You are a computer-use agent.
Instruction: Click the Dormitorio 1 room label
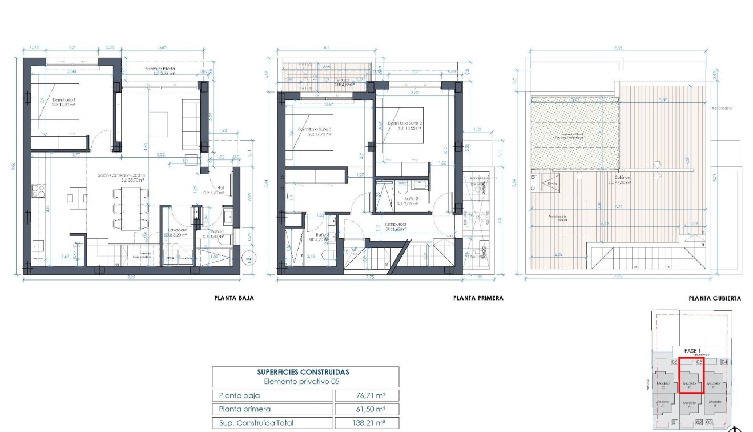click(x=63, y=101)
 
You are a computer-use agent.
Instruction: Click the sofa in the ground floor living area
click(x=191, y=122)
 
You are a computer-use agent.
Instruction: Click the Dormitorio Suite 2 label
click(x=405, y=124)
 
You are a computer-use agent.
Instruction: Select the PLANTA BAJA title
click(x=234, y=298)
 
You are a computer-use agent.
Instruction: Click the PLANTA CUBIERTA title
click(x=715, y=298)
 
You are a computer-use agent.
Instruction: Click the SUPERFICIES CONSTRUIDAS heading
click(x=303, y=372)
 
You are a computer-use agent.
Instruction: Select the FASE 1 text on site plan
click(x=692, y=351)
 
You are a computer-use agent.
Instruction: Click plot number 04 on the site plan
click(x=724, y=362)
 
